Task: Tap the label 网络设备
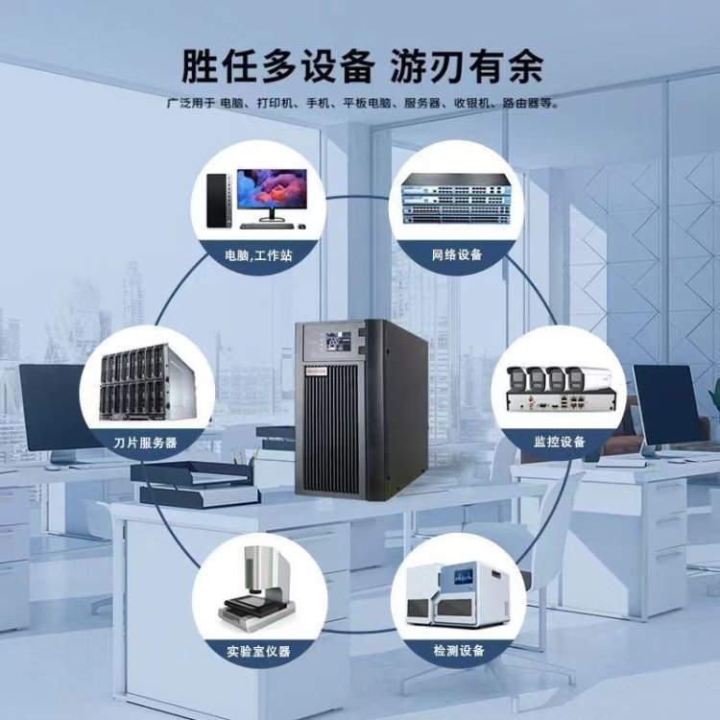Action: point(457,256)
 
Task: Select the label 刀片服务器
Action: point(145,443)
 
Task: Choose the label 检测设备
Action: point(457,652)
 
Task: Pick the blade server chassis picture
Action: point(144,388)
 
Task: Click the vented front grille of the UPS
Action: point(331,423)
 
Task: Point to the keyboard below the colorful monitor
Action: point(268,226)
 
